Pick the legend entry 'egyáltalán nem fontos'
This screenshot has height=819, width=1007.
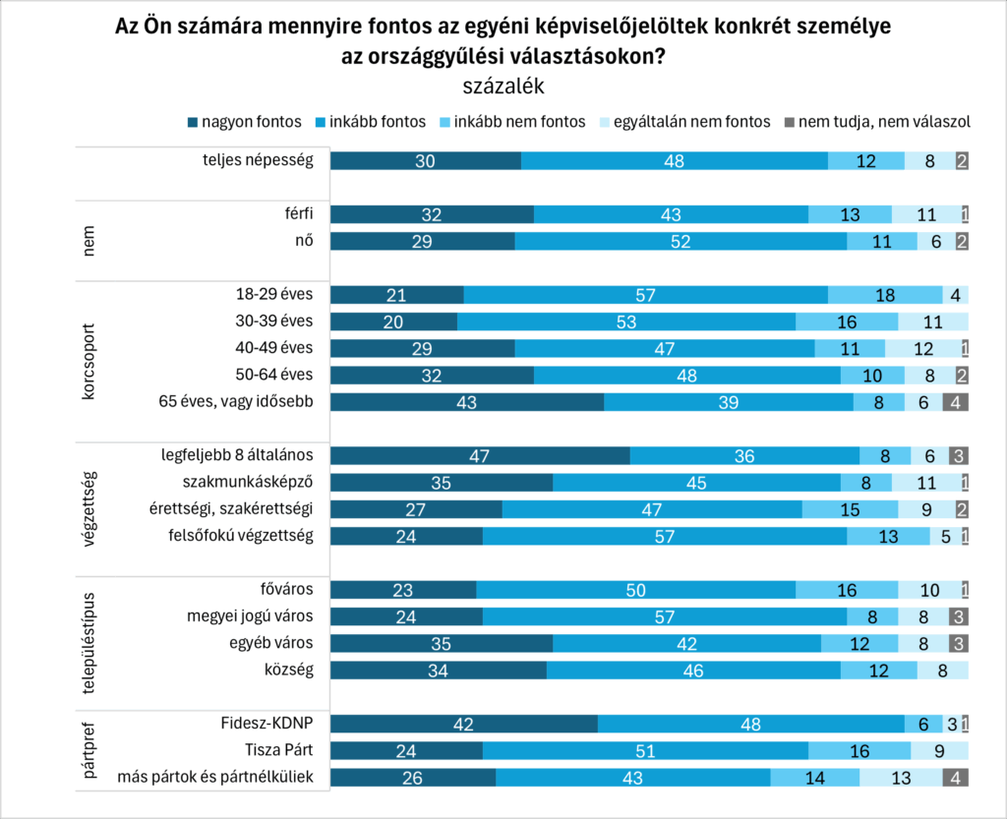(x=680, y=122)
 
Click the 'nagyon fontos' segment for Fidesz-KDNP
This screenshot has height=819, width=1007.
(x=463, y=725)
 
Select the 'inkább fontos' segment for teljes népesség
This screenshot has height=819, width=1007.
(x=674, y=162)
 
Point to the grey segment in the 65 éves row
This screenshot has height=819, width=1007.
(x=955, y=402)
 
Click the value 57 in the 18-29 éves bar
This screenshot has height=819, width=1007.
(x=645, y=295)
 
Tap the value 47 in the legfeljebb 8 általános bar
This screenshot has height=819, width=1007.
(x=480, y=456)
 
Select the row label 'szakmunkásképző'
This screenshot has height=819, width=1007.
(x=248, y=482)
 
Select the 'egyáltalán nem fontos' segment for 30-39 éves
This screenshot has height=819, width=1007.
(x=932, y=322)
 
